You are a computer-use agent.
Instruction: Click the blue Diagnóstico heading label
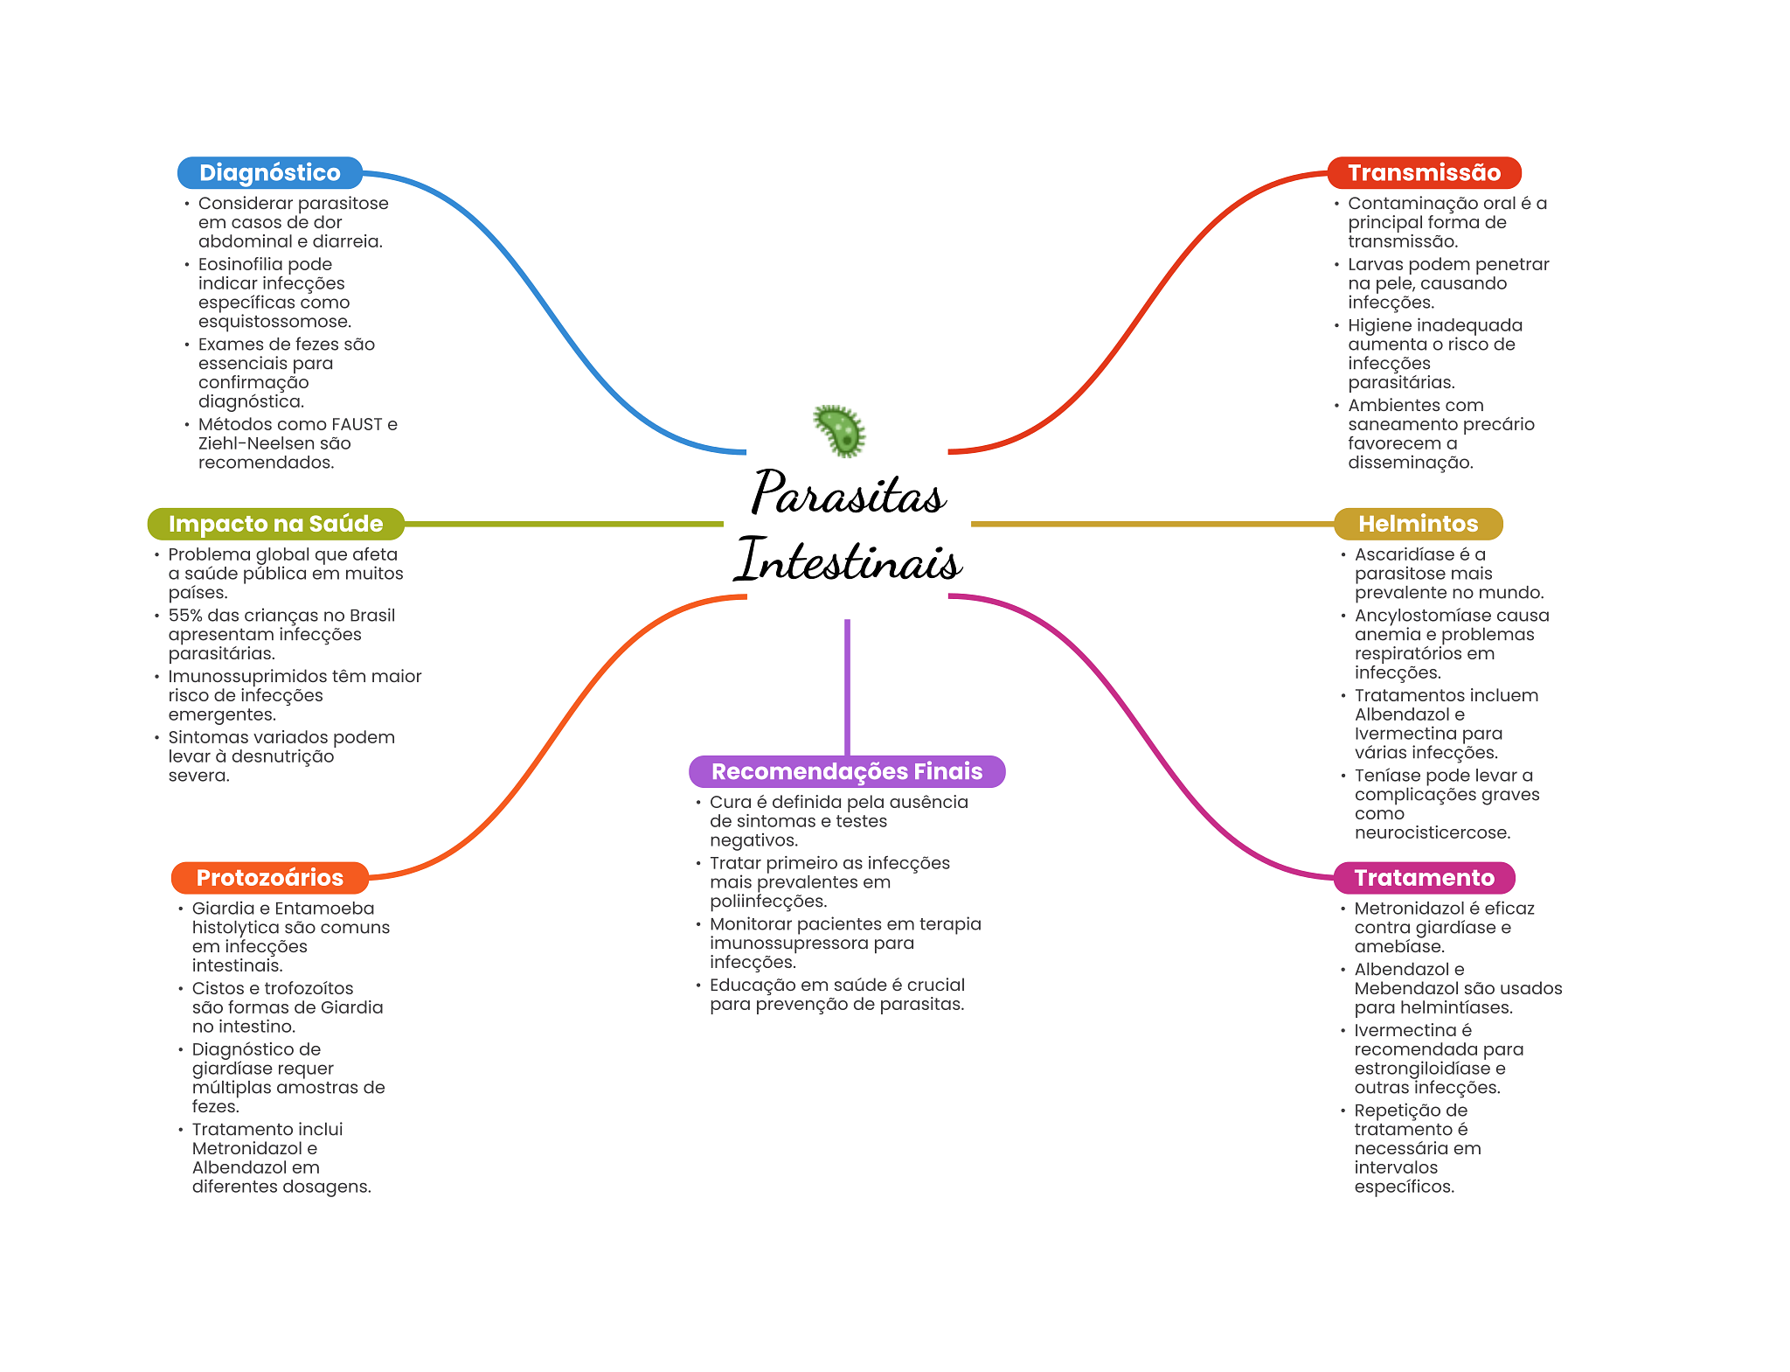(x=269, y=172)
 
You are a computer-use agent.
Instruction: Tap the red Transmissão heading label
(x=1424, y=172)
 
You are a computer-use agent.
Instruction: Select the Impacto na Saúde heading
(x=275, y=524)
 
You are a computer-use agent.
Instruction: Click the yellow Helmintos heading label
(x=1418, y=524)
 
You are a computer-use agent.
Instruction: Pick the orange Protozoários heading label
(x=269, y=877)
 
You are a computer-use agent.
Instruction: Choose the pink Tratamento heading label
(x=1424, y=877)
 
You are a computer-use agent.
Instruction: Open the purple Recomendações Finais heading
(x=846, y=771)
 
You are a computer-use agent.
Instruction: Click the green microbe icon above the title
(x=840, y=430)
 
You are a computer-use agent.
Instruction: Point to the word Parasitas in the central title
(x=848, y=493)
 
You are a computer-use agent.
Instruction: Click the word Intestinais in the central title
(x=848, y=560)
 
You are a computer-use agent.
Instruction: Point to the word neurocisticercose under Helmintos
(x=1432, y=832)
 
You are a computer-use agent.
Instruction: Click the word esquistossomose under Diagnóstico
(x=274, y=322)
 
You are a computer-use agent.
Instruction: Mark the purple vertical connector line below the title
(x=847, y=686)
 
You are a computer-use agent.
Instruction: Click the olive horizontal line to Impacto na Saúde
(x=564, y=524)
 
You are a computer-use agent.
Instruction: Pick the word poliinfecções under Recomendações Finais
(x=768, y=902)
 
